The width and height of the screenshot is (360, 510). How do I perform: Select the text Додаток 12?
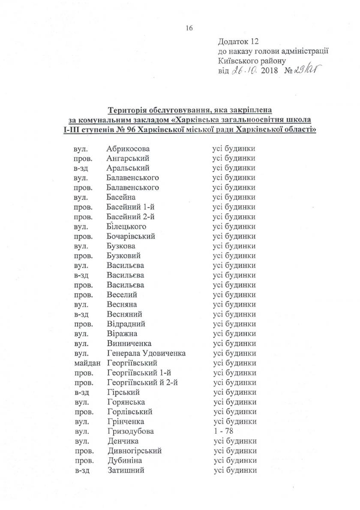239,42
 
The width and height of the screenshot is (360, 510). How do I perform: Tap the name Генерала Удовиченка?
146,353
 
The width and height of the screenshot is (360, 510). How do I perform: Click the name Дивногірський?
135,451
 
